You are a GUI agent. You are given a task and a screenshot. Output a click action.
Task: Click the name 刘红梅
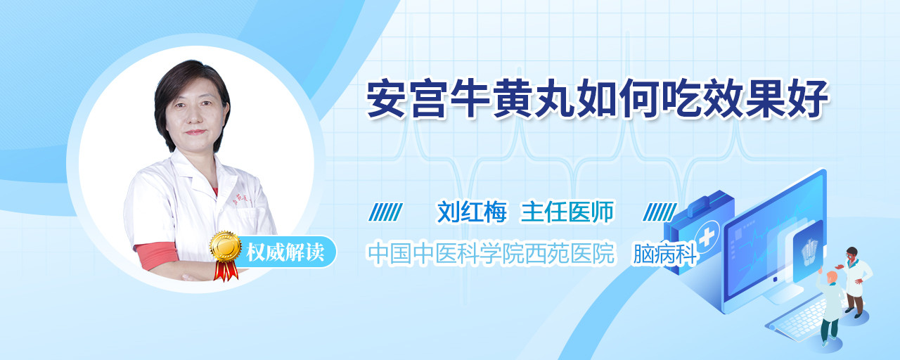coord(472,212)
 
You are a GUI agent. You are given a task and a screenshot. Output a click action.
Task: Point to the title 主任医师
coord(567,212)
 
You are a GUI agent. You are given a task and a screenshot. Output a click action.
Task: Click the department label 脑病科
coord(665,254)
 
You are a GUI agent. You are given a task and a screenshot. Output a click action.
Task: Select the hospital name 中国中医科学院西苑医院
coord(491,253)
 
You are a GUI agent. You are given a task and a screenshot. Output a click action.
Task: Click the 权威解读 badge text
coord(285,252)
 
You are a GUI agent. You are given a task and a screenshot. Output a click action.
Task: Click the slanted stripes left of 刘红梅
coord(386,212)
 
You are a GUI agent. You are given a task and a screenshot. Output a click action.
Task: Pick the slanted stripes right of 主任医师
coord(660,212)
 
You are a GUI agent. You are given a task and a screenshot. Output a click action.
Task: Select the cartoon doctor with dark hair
coord(855,282)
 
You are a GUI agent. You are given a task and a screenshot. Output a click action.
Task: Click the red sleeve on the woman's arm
coord(156,255)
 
